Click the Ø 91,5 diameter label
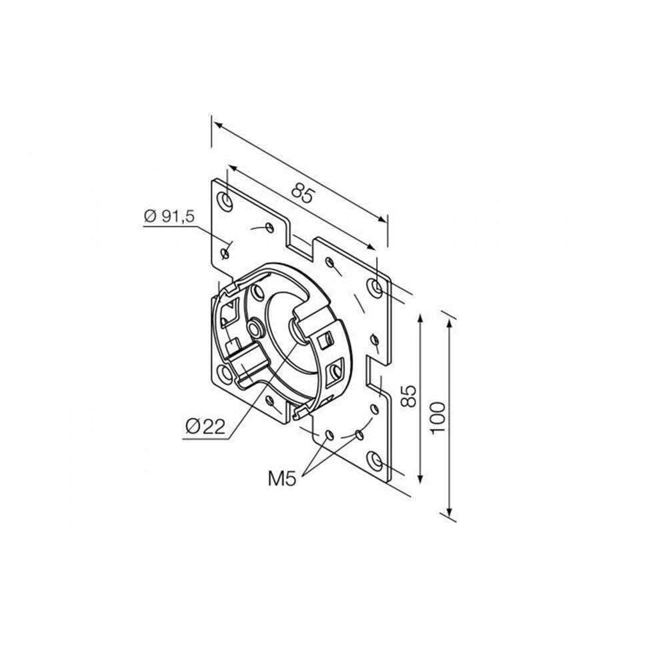[169, 216]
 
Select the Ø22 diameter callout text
[205, 427]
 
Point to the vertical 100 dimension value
[438, 418]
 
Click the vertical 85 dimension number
[408, 396]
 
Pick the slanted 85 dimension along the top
[303, 193]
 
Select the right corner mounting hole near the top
[375, 287]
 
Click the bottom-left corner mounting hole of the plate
[225, 374]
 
